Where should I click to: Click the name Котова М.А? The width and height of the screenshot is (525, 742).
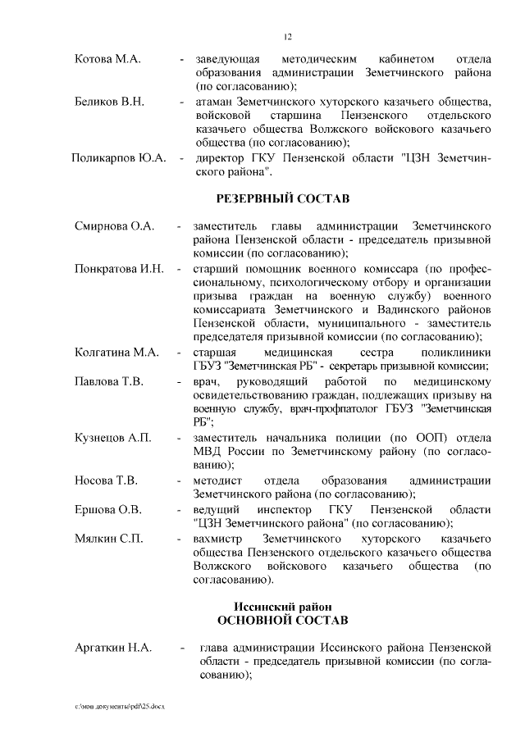click(107, 60)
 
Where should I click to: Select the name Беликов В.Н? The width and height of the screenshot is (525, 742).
click(110, 102)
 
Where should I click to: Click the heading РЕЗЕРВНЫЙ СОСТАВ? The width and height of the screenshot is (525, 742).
click(282, 198)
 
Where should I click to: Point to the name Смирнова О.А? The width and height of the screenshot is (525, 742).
click(115, 226)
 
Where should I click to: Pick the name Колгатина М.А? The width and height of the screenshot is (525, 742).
click(116, 353)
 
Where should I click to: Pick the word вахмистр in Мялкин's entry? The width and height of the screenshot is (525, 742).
click(220, 538)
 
